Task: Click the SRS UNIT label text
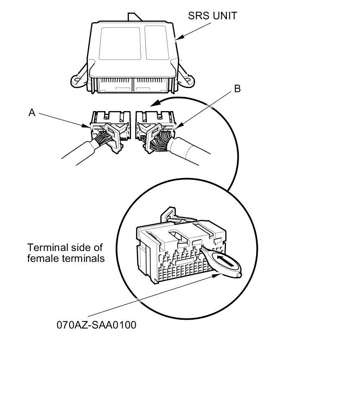[212, 16]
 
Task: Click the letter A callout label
[32, 112]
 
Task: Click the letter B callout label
[237, 89]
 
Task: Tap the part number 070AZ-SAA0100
[96, 325]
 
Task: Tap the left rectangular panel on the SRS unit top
[119, 43]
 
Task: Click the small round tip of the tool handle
[238, 275]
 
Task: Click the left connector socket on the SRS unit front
[114, 86]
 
